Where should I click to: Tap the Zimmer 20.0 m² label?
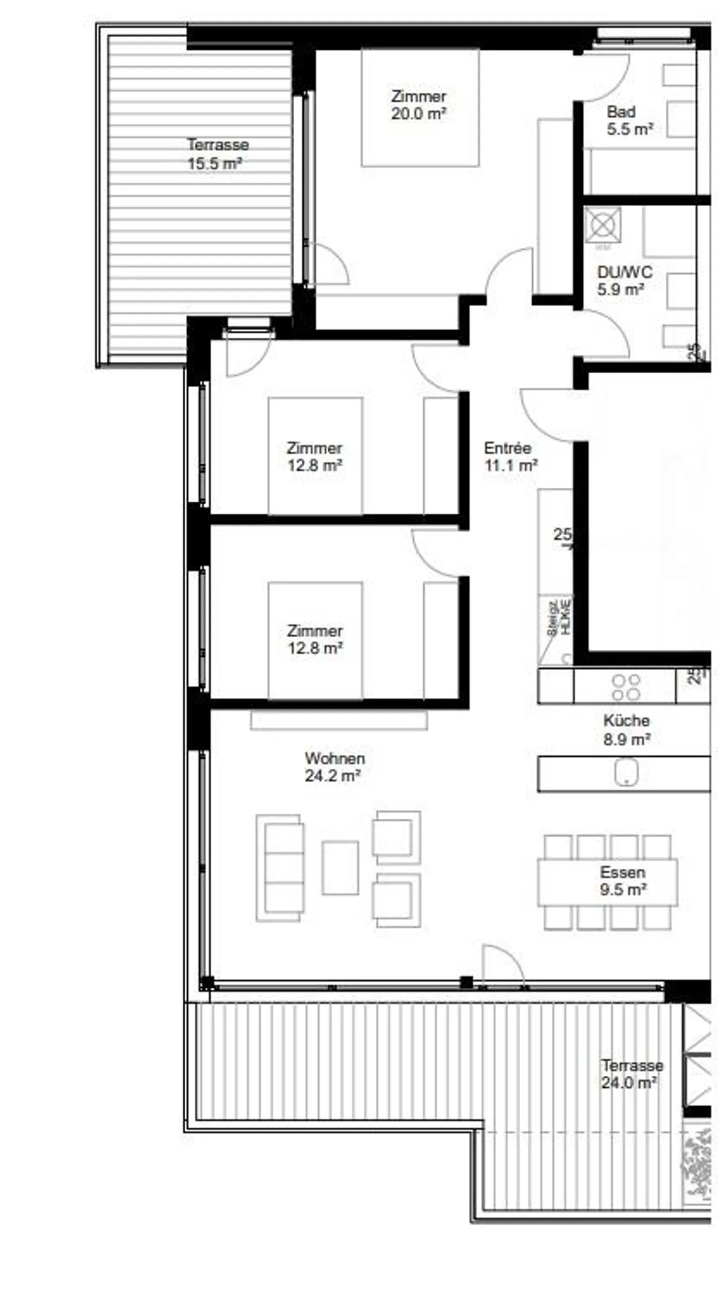point(418,105)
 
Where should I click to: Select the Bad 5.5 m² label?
point(629,120)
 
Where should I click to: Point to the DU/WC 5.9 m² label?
point(624,280)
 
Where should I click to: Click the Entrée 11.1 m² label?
point(510,456)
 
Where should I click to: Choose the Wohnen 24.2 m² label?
point(334,766)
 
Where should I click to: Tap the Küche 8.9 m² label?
point(626,729)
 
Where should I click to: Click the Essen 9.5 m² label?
point(623,880)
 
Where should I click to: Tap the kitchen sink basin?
point(626,772)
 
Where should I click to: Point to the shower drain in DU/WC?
point(602,224)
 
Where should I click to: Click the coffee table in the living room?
point(340,867)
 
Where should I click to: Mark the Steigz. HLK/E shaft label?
point(558,617)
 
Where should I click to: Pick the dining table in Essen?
point(607,882)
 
